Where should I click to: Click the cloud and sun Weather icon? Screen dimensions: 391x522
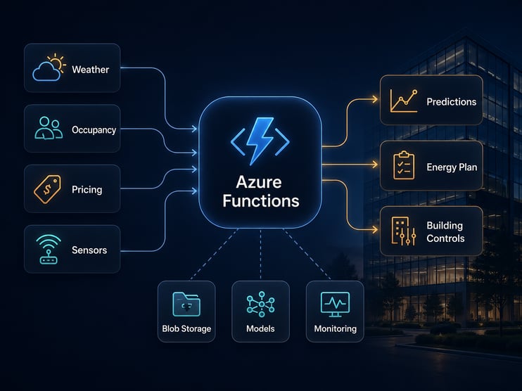[49, 68]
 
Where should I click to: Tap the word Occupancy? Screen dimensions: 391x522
[94, 130]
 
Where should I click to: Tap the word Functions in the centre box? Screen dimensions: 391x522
[260, 201]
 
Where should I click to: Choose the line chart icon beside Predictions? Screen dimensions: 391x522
[403, 101]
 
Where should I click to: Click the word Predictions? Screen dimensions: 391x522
[451, 102]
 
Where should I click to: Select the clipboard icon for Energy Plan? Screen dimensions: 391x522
[403, 166]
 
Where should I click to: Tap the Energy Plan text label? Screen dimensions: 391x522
[452, 167]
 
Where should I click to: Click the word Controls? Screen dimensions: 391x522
[445, 238]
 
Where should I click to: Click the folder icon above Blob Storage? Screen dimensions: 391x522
[186, 304]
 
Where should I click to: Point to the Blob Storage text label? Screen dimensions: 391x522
[186, 328]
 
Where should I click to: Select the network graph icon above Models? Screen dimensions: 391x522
[260, 304]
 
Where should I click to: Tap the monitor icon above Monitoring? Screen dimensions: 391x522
[335, 304]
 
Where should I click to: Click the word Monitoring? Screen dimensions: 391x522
[335, 328]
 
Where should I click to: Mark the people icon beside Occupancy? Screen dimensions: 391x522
[48, 128]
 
